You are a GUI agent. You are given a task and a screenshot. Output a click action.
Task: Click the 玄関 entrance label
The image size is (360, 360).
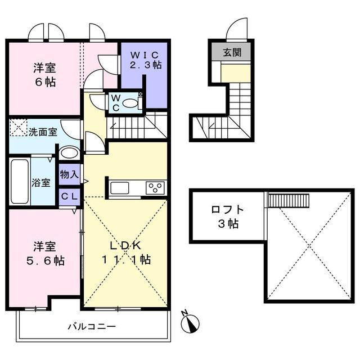(231, 53)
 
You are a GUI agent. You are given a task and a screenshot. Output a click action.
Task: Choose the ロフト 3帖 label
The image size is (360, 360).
(228, 217)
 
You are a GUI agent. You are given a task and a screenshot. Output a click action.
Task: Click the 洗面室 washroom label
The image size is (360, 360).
(43, 132)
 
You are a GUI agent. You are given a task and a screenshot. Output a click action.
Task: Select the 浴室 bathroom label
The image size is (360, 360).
(42, 183)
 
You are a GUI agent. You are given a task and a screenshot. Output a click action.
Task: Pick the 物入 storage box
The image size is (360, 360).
(69, 175)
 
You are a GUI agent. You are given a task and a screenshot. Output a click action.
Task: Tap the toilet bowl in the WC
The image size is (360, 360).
(129, 103)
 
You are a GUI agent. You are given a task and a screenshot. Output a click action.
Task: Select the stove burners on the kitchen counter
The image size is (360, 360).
(155, 187)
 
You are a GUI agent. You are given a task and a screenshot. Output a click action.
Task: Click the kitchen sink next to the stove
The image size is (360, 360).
(121, 187)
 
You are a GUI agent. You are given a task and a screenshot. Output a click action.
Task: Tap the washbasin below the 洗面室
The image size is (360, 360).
(69, 153)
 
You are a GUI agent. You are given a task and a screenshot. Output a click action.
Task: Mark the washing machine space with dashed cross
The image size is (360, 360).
(19, 128)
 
